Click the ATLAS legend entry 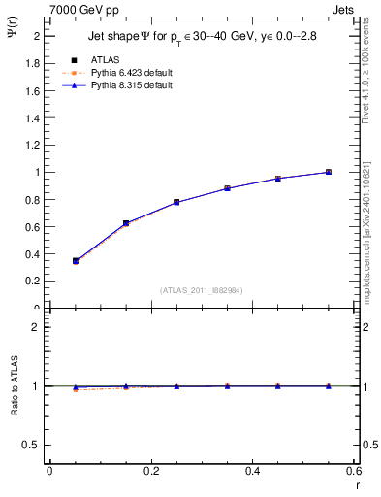point(105,59)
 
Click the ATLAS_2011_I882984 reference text point(203,289)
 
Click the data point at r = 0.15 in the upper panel point(126,223)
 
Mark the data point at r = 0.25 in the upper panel point(176,202)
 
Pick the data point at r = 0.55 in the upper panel point(329,172)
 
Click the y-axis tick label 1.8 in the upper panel point(30,63)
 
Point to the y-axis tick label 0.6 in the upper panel point(30,227)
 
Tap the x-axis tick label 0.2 point(150,470)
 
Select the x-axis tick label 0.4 point(252,470)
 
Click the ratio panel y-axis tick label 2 point(35,327)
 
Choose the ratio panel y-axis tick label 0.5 point(30,445)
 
